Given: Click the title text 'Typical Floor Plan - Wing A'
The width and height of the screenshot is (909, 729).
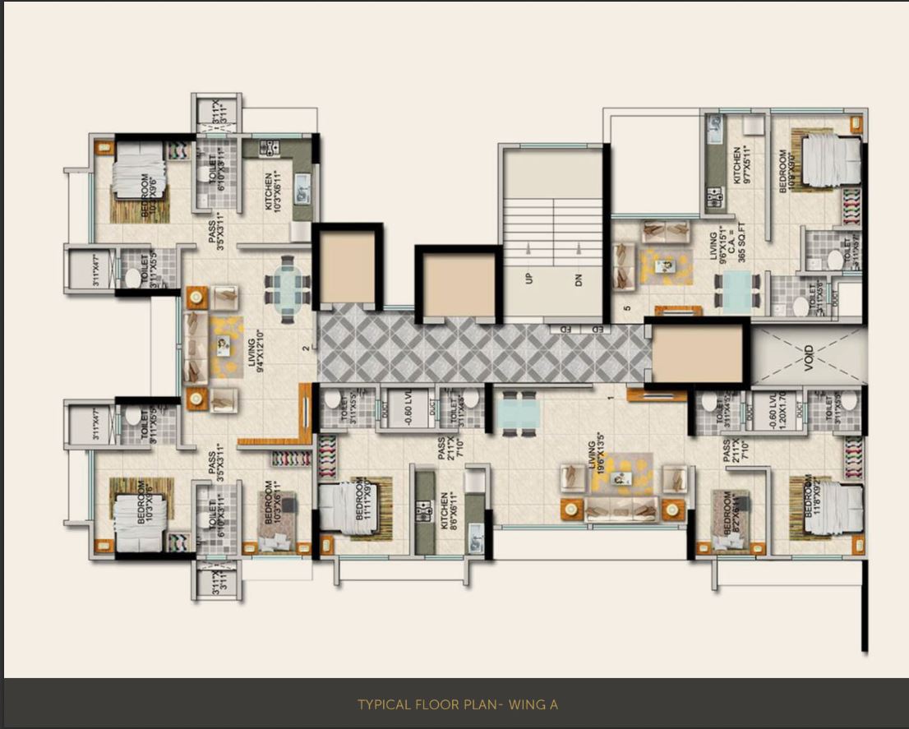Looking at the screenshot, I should point(458,704).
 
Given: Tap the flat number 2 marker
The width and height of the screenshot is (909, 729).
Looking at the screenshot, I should point(305,348).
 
